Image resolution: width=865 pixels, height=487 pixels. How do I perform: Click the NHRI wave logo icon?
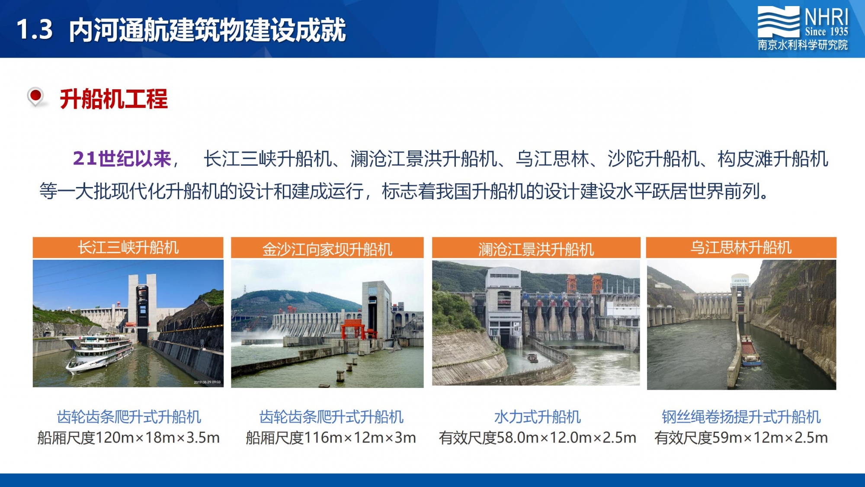click(x=778, y=22)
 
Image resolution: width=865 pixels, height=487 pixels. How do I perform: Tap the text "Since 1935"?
click(x=827, y=32)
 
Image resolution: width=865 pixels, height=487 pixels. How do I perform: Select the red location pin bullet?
click(x=35, y=97)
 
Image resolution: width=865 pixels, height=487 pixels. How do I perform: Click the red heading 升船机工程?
click(x=114, y=99)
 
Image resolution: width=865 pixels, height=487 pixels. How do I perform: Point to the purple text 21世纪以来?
click(x=122, y=159)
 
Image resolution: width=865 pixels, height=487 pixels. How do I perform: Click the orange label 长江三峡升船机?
click(x=128, y=248)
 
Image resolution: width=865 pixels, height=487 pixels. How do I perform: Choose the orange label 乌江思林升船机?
click(x=741, y=248)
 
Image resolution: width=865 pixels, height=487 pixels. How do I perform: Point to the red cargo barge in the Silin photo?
click(x=750, y=351)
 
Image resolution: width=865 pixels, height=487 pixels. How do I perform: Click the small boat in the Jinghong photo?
click(x=532, y=358)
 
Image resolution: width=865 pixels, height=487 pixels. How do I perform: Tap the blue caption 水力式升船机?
click(x=537, y=417)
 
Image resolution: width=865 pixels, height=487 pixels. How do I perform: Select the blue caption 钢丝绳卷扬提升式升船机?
click(x=741, y=417)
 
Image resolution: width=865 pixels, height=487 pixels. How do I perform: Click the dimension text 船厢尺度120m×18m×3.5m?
click(x=128, y=438)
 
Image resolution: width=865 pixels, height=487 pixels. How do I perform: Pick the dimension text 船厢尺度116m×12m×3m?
click(x=331, y=438)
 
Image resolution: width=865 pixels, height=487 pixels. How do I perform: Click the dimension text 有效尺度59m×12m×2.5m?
click(x=741, y=438)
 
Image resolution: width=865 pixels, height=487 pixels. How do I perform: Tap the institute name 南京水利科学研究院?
click(x=803, y=45)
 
